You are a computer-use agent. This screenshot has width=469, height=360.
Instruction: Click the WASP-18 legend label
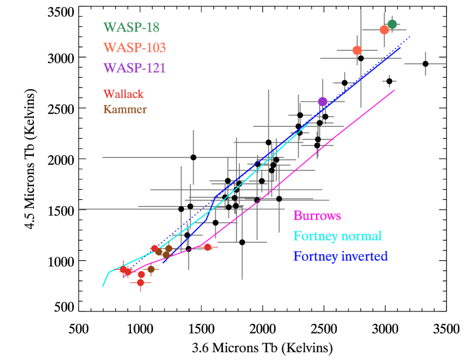(x=132, y=27)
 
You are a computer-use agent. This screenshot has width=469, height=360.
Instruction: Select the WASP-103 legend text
(x=135, y=47)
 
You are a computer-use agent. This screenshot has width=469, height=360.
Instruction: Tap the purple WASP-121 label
(x=135, y=68)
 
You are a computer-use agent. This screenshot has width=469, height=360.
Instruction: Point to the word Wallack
(x=124, y=94)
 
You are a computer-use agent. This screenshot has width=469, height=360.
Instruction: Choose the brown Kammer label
(x=125, y=109)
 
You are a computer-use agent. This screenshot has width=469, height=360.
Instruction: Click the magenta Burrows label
(x=317, y=216)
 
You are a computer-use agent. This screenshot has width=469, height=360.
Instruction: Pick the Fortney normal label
(x=337, y=236)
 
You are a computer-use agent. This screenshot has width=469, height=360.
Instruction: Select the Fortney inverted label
(x=340, y=256)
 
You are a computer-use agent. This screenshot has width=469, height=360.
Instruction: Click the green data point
(x=392, y=24)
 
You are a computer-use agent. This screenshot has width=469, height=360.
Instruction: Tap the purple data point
(x=322, y=102)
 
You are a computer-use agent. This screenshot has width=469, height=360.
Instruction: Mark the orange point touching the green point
(x=384, y=29)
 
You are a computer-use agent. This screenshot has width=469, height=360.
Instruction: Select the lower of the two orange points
(x=357, y=50)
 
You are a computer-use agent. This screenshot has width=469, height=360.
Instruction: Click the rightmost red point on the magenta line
(x=208, y=247)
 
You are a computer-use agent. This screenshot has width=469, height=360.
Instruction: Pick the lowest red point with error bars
(x=141, y=282)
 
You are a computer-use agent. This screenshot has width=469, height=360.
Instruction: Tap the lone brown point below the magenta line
(x=151, y=269)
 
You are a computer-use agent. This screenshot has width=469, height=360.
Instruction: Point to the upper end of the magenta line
(x=394, y=90)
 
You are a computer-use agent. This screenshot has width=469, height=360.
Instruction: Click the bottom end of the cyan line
(x=103, y=286)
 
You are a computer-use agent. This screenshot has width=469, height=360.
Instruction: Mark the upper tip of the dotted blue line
(x=409, y=37)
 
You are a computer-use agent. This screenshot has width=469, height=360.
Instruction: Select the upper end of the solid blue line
(x=401, y=47)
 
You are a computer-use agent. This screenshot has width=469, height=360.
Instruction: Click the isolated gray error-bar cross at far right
(x=425, y=64)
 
